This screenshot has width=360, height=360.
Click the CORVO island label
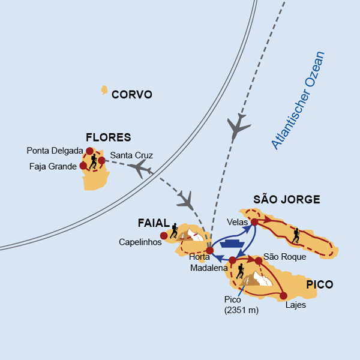pos(132,95)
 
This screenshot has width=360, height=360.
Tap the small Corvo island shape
pos(104,91)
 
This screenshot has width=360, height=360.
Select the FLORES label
pos(108,137)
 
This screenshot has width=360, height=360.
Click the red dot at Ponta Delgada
pos(90,151)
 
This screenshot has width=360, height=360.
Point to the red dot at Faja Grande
pos(83,166)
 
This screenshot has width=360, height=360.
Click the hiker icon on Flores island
pos(93,162)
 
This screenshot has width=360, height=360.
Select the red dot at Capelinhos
pos(164,235)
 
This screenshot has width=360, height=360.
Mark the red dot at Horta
pos(209,250)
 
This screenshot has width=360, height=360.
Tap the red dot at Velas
pos(254,222)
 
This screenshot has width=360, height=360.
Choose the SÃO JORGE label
pos(286,199)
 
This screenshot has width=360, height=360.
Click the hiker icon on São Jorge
pos(296,236)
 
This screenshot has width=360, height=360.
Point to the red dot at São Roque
pos(259,261)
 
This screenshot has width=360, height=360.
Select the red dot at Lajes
pos(284,295)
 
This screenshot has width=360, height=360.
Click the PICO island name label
pos(319,284)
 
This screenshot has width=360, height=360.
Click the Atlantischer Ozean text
pos(298,100)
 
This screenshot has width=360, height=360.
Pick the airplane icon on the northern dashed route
pos(238,126)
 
